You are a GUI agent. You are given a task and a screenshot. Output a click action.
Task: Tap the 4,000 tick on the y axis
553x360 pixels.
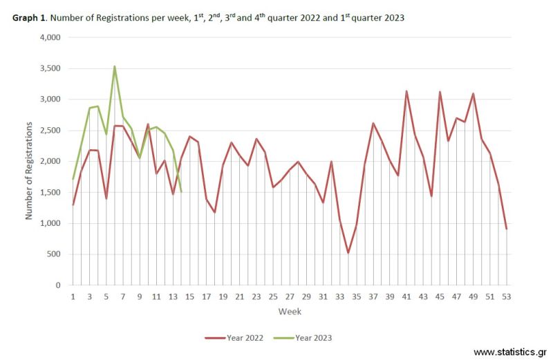[50, 37]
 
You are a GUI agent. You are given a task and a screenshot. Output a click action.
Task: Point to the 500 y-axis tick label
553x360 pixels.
[55, 254]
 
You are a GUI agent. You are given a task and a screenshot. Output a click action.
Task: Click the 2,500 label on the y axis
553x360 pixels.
[50, 130]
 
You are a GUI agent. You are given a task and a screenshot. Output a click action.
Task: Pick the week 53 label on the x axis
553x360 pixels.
[507, 296]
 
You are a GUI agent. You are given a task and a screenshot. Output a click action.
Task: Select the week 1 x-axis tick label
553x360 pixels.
[73, 296]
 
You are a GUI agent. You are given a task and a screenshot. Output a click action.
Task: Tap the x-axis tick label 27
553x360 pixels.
[290, 296]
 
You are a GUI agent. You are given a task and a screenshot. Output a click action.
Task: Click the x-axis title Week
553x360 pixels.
[290, 312]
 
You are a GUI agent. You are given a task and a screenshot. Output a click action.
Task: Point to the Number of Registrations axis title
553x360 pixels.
[29, 170]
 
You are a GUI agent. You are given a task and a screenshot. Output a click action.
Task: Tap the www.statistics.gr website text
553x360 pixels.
[510, 352]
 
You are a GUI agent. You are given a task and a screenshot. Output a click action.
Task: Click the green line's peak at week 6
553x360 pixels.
[115, 66]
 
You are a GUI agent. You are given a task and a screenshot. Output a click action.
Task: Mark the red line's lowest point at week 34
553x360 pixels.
[348, 253]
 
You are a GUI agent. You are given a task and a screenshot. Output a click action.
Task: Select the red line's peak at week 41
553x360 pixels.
[406, 91]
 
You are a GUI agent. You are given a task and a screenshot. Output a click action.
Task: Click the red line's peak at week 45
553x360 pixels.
[440, 91]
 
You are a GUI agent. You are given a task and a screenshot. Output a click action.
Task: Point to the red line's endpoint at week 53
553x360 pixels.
[507, 229]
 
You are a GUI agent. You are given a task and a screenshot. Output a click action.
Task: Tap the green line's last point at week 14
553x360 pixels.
[181, 191]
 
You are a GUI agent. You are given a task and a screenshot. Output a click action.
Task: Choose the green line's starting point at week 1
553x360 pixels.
[73, 180]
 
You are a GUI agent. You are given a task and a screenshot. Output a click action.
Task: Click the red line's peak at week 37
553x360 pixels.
[373, 123]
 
